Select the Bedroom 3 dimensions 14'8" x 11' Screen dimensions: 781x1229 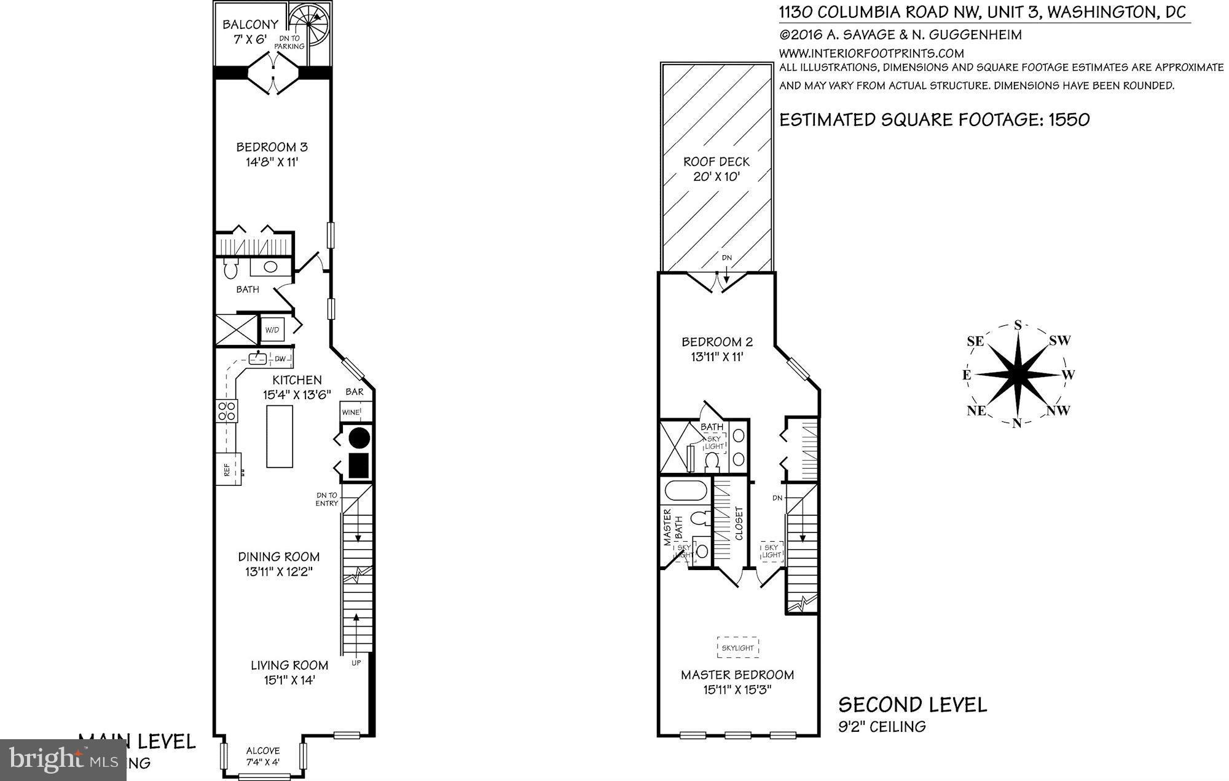(x=272, y=162)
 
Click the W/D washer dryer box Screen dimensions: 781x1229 (x=272, y=330)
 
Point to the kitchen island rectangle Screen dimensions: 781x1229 (x=280, y=437)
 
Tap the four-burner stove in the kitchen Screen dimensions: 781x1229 (x=226, y=410)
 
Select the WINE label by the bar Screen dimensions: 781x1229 (x=351, y=412)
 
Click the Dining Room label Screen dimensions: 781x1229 (x=279, y=557)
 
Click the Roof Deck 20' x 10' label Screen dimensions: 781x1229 (x=717, y=169)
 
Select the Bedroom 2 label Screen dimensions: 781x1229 (x=717, y=342)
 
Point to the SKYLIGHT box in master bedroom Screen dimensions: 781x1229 (x=737, y=648)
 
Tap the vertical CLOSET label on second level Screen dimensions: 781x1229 (x=739, y=523)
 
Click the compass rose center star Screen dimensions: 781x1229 (x=1018, y=374)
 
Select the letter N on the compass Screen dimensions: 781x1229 (x=1016, y=422)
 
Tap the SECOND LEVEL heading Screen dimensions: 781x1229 (x=913, y=704)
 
